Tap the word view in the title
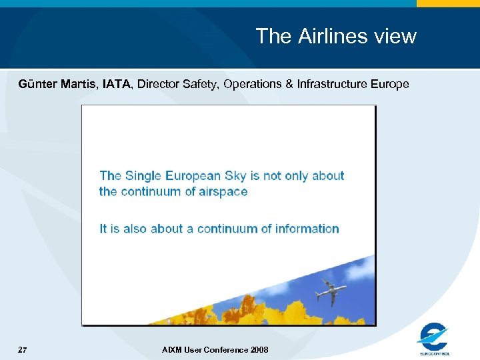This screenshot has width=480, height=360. coord(395,36)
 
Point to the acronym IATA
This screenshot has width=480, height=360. coord(117,84)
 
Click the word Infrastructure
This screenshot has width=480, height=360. coord(335,84)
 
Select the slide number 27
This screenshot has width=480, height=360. coord(22,349)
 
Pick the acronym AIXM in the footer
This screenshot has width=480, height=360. coord(171,350)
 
